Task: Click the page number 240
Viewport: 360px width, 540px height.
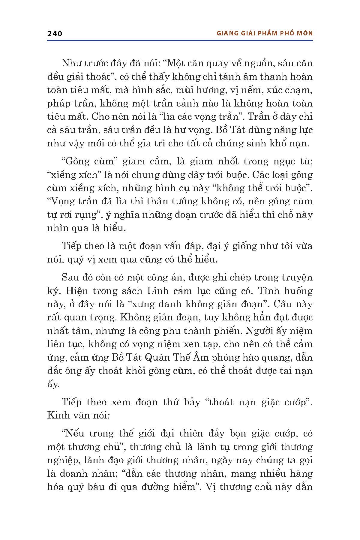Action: [55, 33]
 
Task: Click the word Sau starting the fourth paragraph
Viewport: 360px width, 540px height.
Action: [70, 277]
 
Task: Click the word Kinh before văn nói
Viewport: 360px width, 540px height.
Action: [58, 416]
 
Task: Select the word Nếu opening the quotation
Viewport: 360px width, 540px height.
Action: [72, 434]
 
